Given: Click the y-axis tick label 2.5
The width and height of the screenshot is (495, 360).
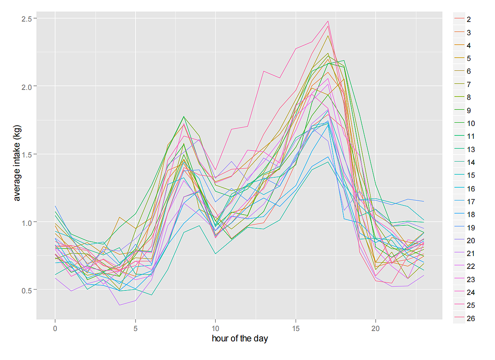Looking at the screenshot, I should [28, 19].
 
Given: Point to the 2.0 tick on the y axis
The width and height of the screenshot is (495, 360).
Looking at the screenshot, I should [28, 86].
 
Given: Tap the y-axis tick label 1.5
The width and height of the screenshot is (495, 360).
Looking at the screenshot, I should [28, 154].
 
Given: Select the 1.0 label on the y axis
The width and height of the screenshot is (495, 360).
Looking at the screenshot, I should [28, 222].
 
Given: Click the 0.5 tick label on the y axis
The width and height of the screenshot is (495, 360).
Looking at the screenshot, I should [28, 290].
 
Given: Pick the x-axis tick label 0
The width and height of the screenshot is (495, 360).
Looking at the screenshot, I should [55, 327].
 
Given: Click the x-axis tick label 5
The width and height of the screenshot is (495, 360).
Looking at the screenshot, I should [135, 327].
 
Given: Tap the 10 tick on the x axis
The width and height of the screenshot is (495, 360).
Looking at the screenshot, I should [215, 327].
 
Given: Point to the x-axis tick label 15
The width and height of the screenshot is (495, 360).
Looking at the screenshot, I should [295, 327].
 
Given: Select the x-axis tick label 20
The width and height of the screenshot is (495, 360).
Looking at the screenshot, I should [375, 327].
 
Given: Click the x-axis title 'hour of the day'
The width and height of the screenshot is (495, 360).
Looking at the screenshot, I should [240, 339].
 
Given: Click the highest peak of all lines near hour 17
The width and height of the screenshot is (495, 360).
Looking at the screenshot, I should [328, 21].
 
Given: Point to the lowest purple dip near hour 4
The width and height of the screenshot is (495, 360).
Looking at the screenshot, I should [119, 305].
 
